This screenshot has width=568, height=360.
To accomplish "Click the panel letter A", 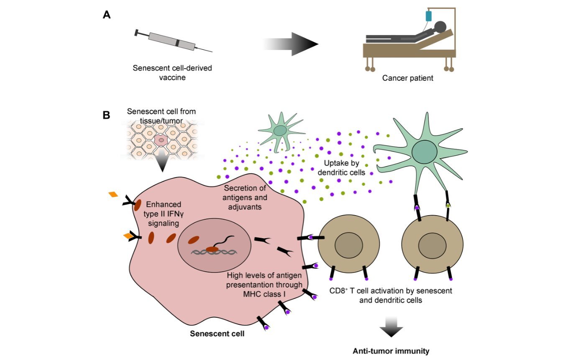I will click(107, 15).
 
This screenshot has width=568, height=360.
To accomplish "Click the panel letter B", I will click(107, 115).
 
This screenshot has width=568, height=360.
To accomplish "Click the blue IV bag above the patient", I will click(428, 16).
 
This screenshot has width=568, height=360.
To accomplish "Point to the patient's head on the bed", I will click(440, 27).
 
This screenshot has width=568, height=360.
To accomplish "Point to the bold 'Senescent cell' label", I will click(217, 334).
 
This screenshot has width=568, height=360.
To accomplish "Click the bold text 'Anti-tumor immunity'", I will click(391, 351).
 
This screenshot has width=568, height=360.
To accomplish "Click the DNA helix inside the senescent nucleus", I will click(213, 252).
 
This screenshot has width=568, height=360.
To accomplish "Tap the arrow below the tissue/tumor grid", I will click(161, 164).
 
